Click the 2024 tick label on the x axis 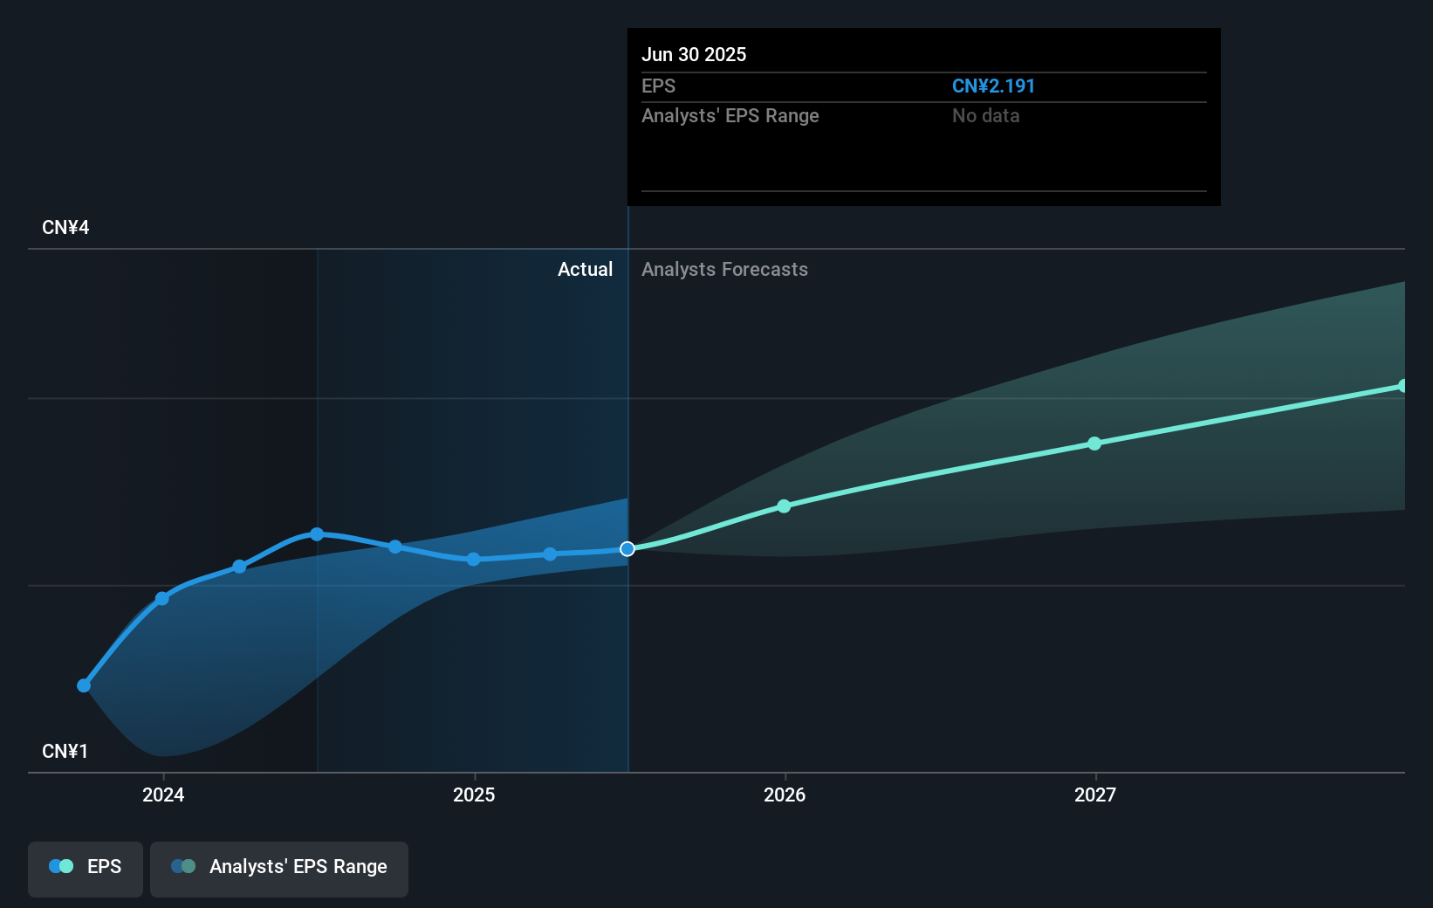click(163, 794)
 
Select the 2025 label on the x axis click(474, 794)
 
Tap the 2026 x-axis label click(785, 794)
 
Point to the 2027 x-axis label click(1095, 794)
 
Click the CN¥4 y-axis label click(65, 228)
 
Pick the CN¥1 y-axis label click(65, 752)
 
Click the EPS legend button click(86, 867)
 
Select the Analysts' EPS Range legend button click(279, 867)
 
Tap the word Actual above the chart click(585, 270)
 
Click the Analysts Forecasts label click(724, 270)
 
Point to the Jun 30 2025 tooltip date click(694, 55)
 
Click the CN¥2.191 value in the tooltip click(993, 86)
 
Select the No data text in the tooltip click(985, 116)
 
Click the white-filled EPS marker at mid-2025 click(627, 549)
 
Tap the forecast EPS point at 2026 click(784, 506)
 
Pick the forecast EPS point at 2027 click(1094, 444)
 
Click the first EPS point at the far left click(84, 685)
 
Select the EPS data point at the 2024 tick click(162, 599)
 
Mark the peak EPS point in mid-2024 click(317, 534)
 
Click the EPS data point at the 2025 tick click(473, 560)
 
